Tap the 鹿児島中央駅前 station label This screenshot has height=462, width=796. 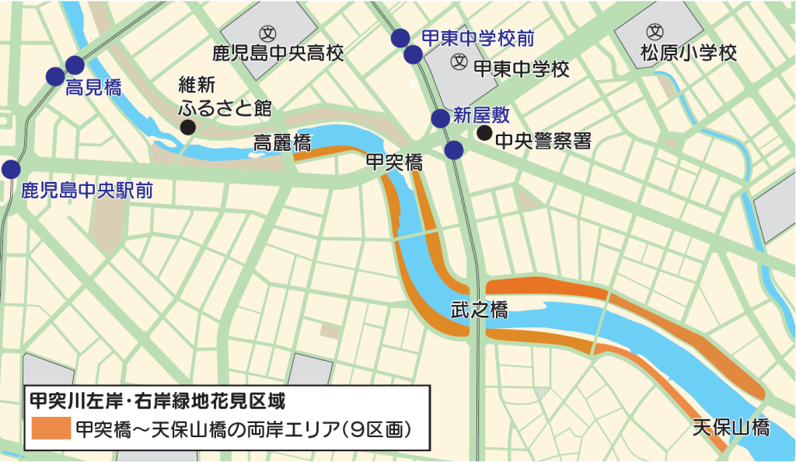(86, 190)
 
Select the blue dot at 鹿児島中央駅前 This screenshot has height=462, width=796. (11, 169)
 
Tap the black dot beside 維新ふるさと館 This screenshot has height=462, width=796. (187, 127)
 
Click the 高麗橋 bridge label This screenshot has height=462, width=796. (282, 143)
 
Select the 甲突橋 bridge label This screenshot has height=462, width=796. (394, 163)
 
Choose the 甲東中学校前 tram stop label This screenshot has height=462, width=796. (477, 37)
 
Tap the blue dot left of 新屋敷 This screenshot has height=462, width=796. (441, 118)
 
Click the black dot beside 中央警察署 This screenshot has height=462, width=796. (484, 133)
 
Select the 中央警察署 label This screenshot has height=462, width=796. (543, 141)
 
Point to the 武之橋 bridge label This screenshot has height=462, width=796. (479, 310)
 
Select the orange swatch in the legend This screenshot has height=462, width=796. (51, 429)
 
